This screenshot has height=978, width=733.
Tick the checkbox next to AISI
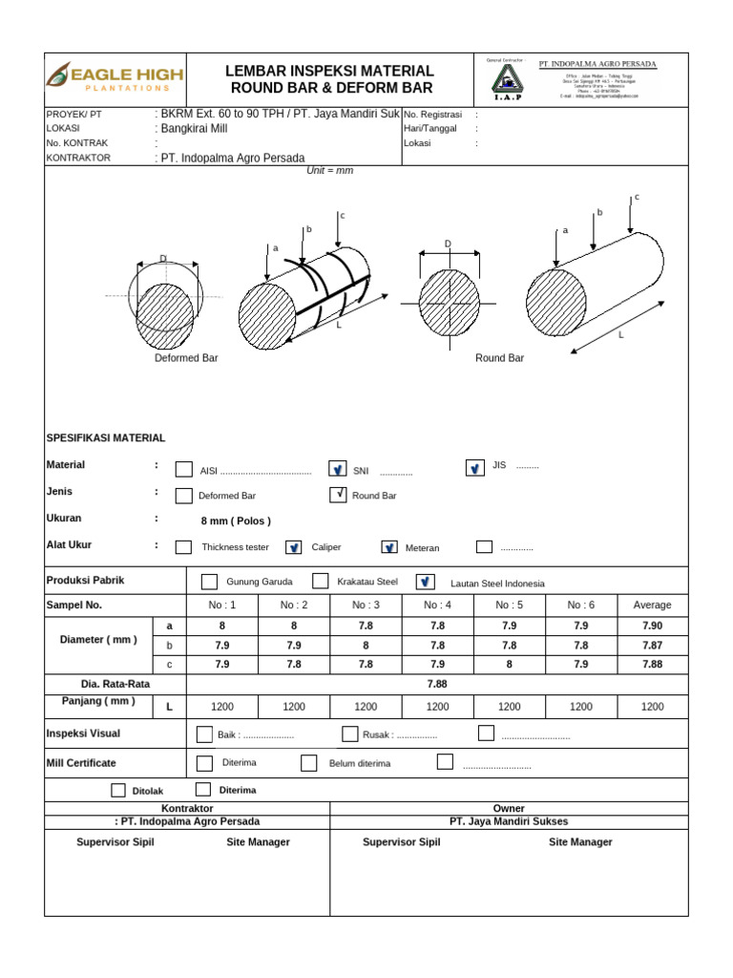[x=184, y=470]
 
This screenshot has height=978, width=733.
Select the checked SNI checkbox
[x=337, y=469]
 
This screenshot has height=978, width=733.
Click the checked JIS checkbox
[x=474, y=468]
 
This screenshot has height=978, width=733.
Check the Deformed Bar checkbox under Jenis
[x=184, y=496]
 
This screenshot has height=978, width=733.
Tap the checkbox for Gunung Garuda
[x=209, y=583]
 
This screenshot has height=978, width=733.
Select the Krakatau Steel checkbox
[x=321, y=582]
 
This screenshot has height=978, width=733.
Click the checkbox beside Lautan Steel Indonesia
[x=426, y=582]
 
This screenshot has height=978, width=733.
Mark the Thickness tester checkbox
[x=184, y=547]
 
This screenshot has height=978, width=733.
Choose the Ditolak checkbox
[x=118, y=790]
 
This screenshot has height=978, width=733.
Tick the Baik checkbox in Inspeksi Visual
[x=204, y=734]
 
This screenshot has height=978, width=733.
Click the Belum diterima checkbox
[x=308, y=763]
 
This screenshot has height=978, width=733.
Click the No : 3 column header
[x=366, y=605]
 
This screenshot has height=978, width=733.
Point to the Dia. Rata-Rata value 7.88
[x=437, y=684]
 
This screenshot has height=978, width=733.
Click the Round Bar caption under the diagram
[x=500, y=358]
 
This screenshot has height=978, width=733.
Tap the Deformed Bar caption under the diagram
[x=187, y=358]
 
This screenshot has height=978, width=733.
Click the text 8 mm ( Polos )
[x=236, y=521]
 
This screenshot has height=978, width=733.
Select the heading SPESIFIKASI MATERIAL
[x=106, y=437]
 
